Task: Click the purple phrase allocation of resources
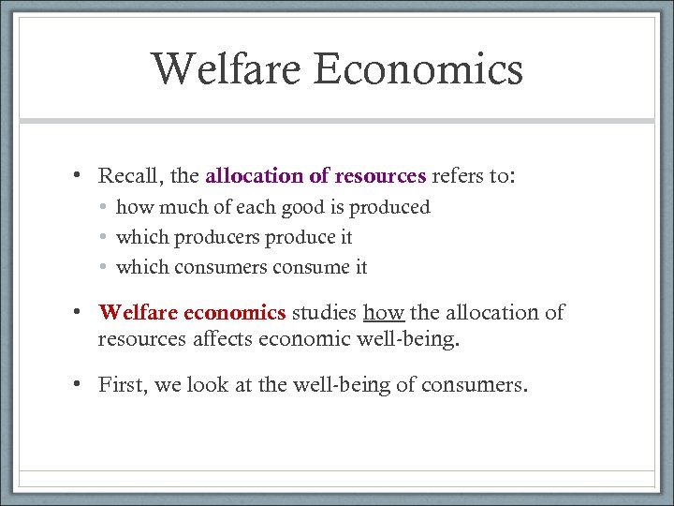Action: tap(315, 176)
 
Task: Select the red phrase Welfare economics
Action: tap(192, 312)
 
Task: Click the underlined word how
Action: tap(383, 312)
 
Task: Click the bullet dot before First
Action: tap(81, 383)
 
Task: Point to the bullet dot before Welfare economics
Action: tap(81, 312)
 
